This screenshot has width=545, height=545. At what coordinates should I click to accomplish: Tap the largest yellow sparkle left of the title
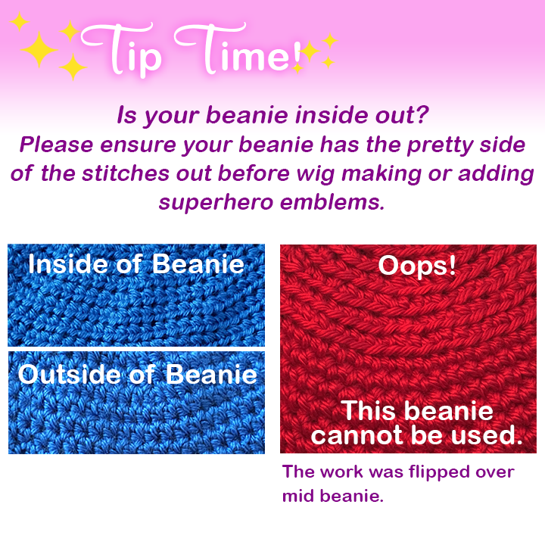tap(39, 49)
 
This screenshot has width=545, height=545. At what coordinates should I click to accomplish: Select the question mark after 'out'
tap(422, 114)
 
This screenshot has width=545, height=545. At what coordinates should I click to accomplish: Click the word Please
tap(56, 145)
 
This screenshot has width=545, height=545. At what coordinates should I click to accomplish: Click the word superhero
tap(216, 202)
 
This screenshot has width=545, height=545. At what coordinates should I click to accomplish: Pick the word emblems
tap(332, 202)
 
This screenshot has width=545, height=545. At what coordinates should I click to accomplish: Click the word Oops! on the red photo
tap(417, 266)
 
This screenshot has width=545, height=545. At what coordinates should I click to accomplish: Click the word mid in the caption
tap(299, 496)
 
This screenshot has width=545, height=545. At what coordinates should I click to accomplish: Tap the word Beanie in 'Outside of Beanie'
tap(211, 374)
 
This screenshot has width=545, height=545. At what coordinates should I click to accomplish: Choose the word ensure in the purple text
tap(138, 145)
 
